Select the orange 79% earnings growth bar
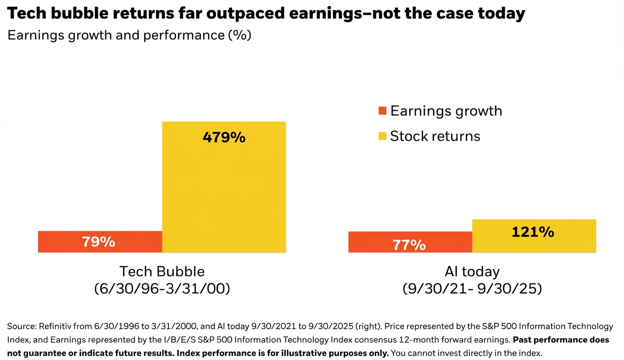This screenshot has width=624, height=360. tap(100, 242)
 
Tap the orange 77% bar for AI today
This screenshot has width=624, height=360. tap(410, 242)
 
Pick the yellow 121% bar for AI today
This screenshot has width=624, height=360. tap(534, 236)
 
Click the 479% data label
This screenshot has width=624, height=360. tap(224, 137)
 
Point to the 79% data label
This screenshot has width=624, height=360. tap(98, 242)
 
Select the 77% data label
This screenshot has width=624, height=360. tap(409, 245)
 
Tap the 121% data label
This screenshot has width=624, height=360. tap(533, 232)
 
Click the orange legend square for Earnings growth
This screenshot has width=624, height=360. tap(382, 111)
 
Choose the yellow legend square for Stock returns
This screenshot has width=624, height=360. tap(382, 136)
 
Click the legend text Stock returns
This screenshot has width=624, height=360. tap(435, 136)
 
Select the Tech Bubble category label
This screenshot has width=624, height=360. tap(162, 271)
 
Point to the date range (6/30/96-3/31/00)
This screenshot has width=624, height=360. tap(162, 289)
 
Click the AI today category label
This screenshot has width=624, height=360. tap(472, 271)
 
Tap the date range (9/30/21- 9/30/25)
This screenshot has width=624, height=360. tap(472, 289)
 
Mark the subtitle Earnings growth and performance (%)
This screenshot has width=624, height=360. tap(129, 35)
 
